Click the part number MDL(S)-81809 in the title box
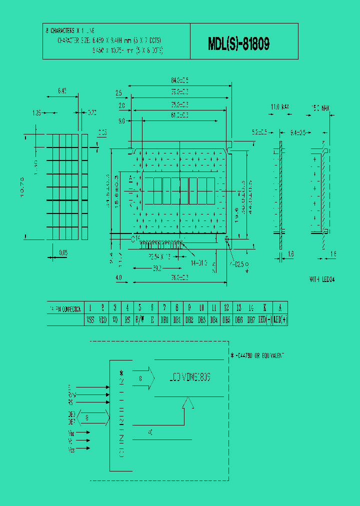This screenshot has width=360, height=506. click(x=239, y=44)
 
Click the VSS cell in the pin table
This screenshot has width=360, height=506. click(x=90, y=319)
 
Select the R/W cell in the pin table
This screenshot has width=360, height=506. click(x=140, y=319)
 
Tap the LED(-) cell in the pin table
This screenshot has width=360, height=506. click(x=265, y=319)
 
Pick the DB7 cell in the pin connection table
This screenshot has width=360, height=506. click(x=251, y=319)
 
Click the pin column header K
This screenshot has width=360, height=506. click(x=265, y=308)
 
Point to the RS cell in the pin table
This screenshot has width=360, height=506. click(x=127, y=319)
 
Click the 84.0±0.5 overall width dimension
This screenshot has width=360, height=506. click(x=179, y=80)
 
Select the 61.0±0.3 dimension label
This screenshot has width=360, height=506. click(x=179, y=116)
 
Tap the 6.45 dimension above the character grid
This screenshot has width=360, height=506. click(x=62, y=91)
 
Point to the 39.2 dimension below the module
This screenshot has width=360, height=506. click(x=156, y=268)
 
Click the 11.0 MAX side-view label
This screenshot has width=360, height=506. click(x=280, y=107)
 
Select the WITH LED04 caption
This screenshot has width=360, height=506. click(x=322, y=279)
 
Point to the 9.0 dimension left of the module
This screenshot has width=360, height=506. click(x=121, y=121)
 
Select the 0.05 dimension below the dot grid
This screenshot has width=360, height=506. click(x=63, y=253)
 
